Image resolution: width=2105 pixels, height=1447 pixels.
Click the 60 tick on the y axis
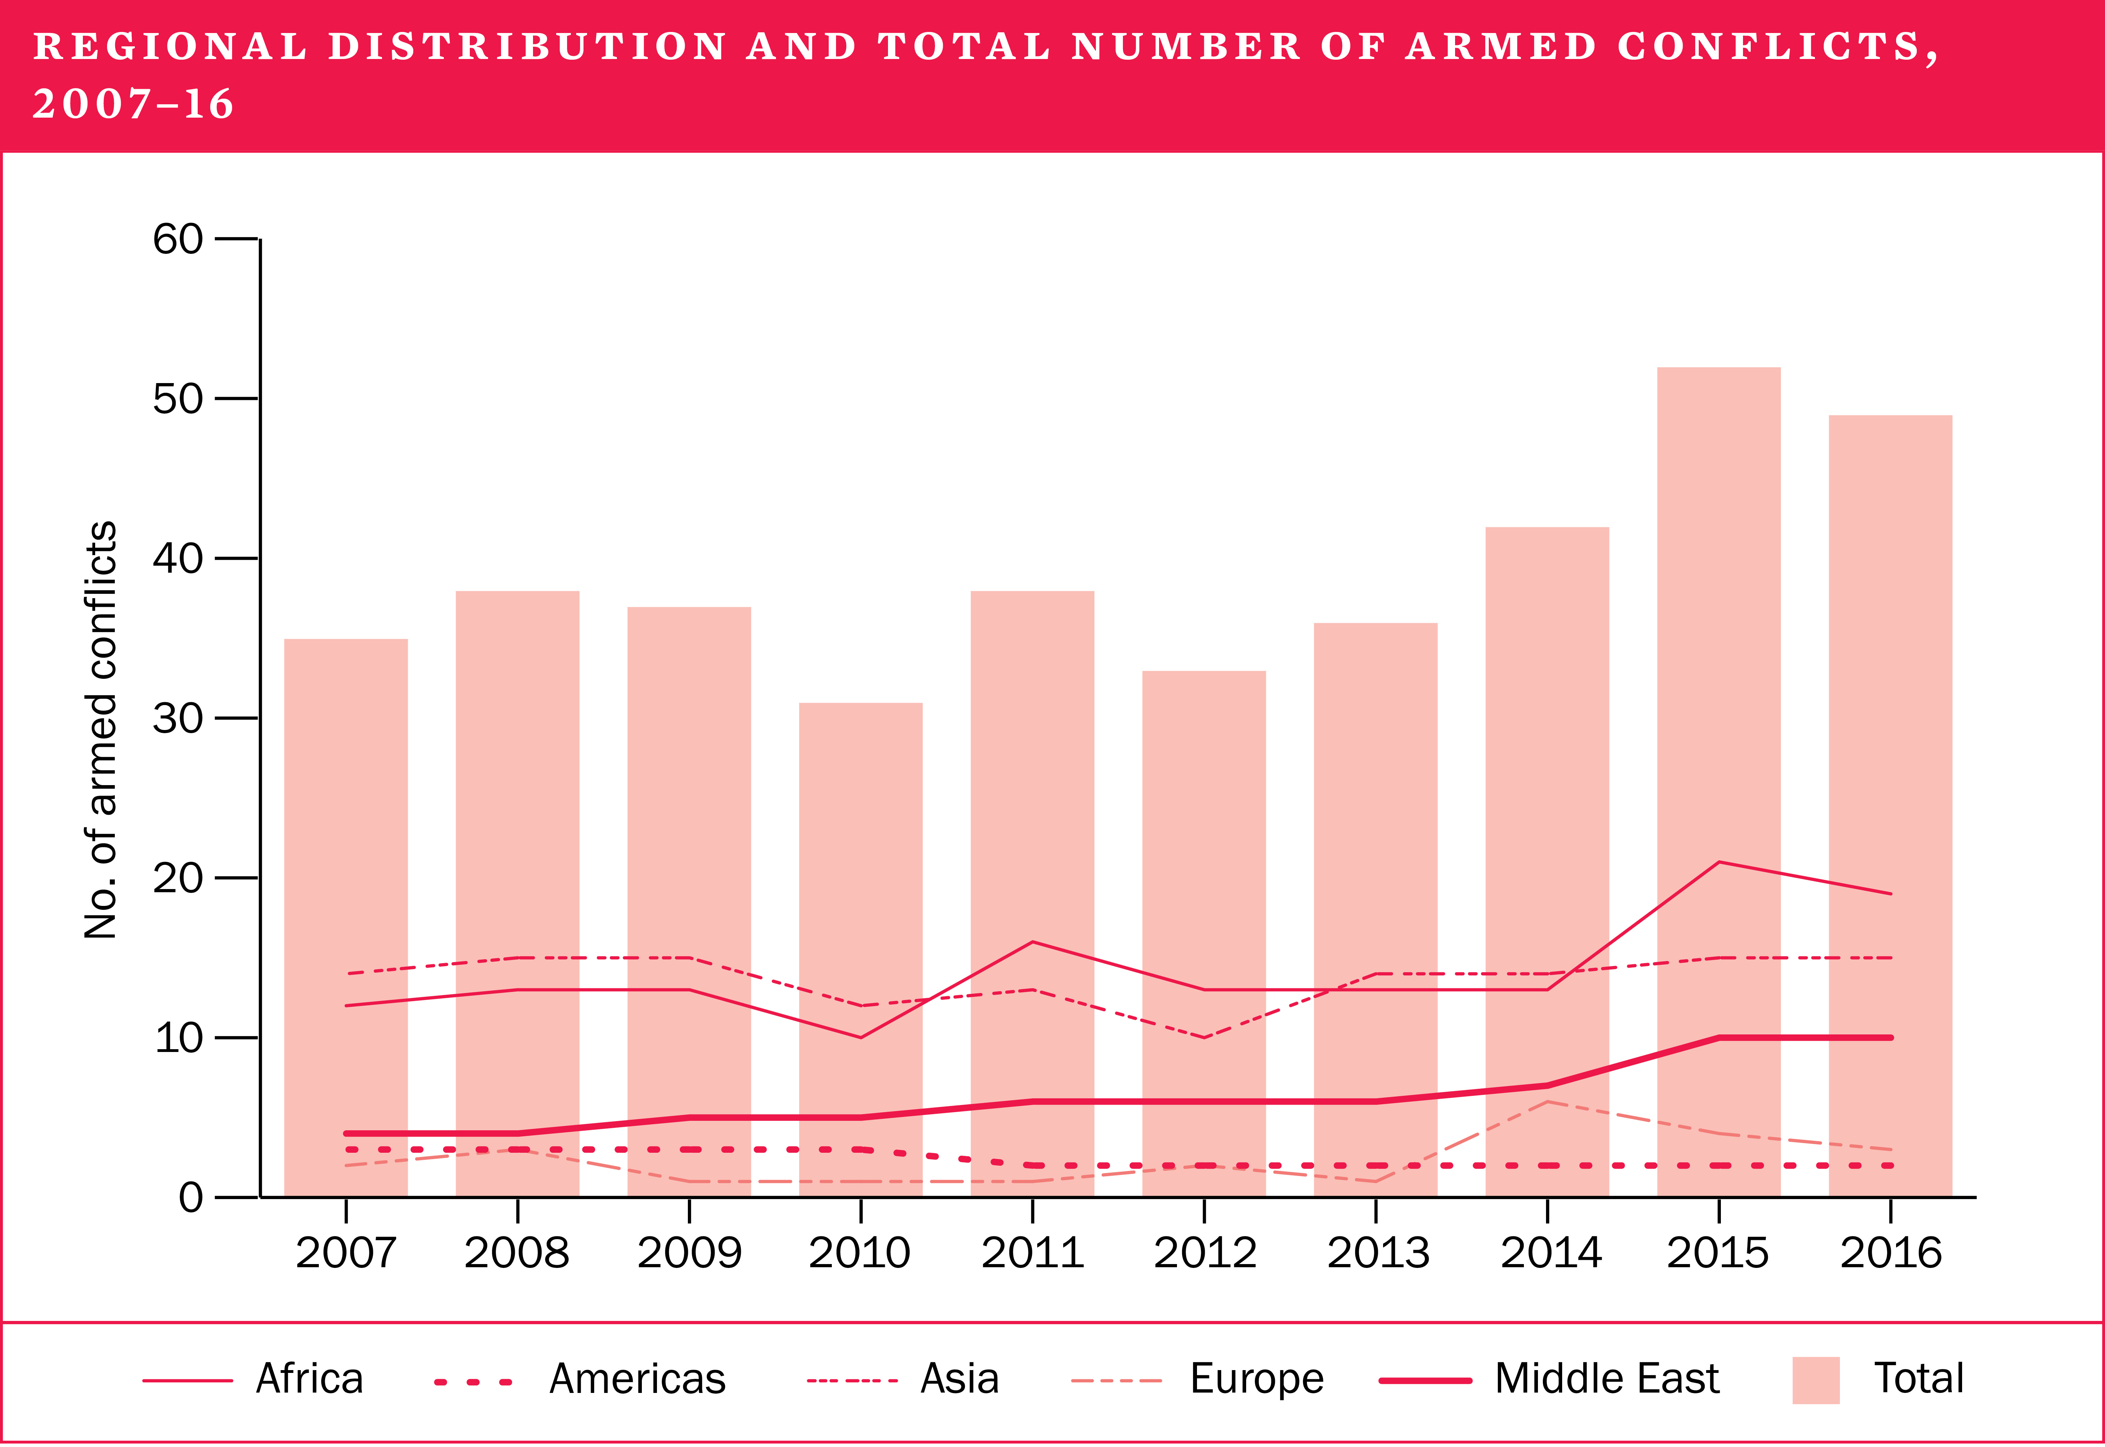pos(178,239)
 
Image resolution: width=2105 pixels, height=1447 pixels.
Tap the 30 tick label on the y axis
pos(178,718)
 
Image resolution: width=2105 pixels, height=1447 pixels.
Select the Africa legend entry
pos(308,1379)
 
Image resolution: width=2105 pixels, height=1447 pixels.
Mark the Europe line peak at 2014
pos(1547,1101)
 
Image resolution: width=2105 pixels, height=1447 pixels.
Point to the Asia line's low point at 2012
pos(1204,1037)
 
